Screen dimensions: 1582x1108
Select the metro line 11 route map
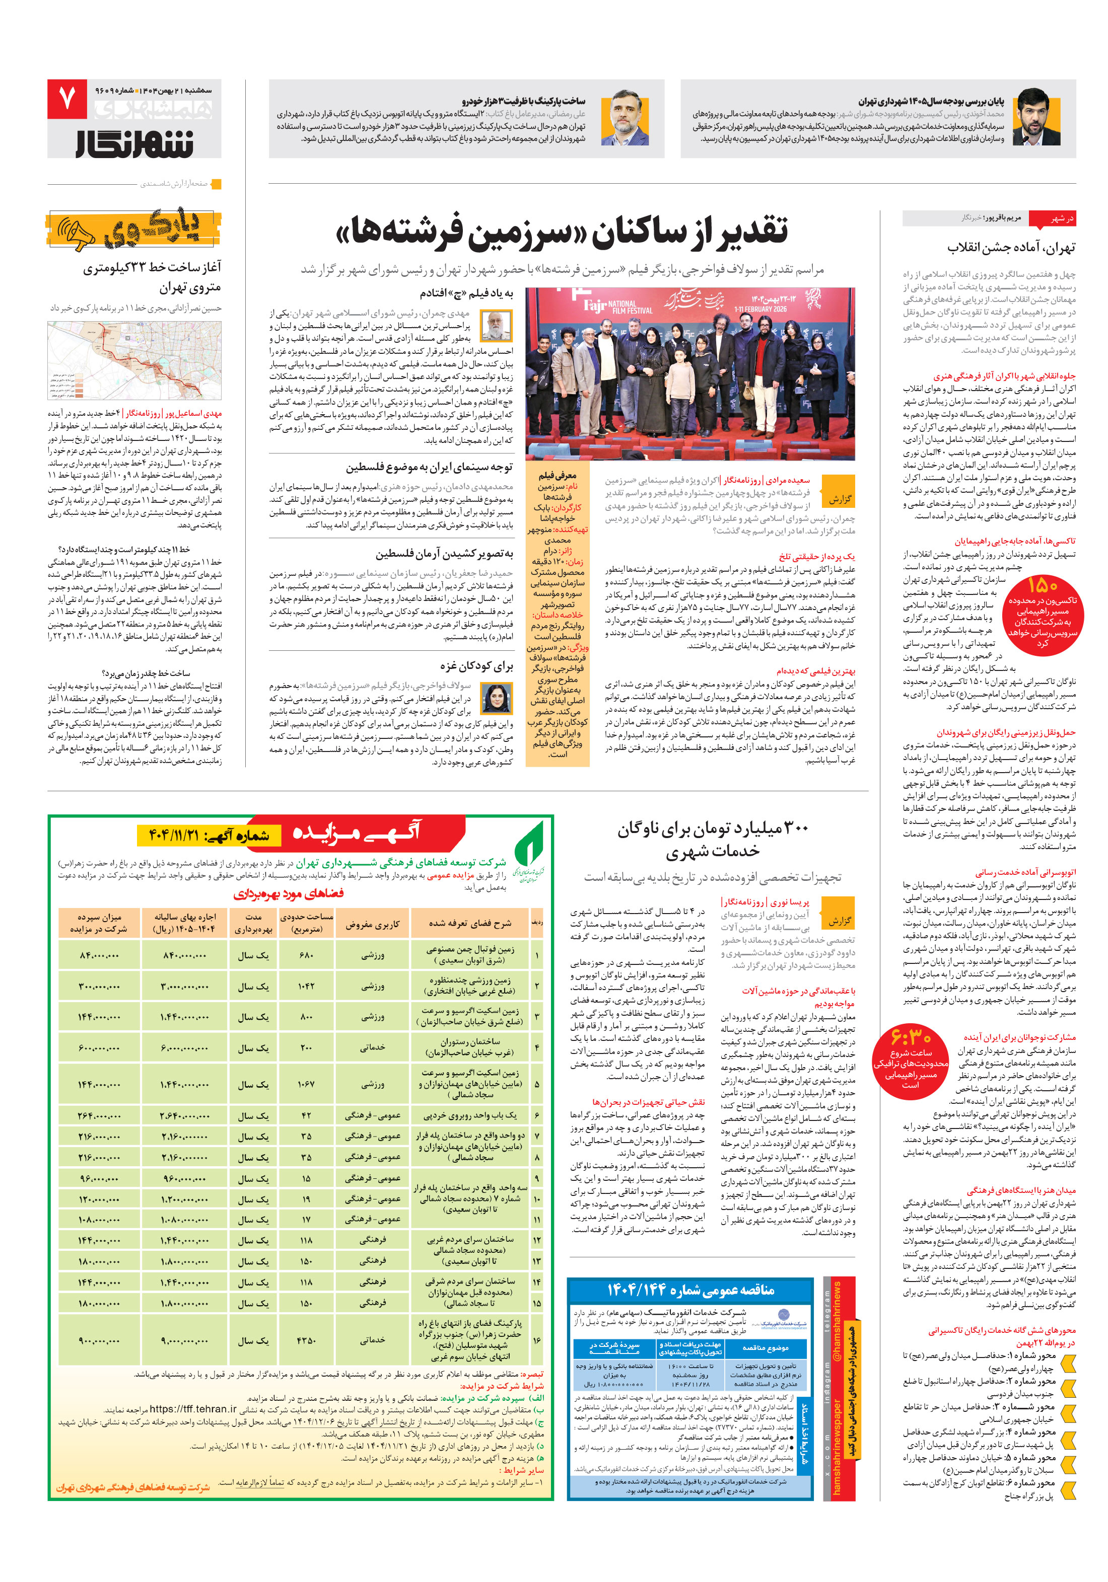134,360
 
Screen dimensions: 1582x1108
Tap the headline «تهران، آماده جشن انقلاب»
1010,247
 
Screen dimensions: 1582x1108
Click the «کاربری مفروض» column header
372,925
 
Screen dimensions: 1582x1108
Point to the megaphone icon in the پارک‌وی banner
77,233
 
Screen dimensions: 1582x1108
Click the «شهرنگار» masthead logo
134,142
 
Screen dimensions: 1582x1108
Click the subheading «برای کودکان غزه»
476,665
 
